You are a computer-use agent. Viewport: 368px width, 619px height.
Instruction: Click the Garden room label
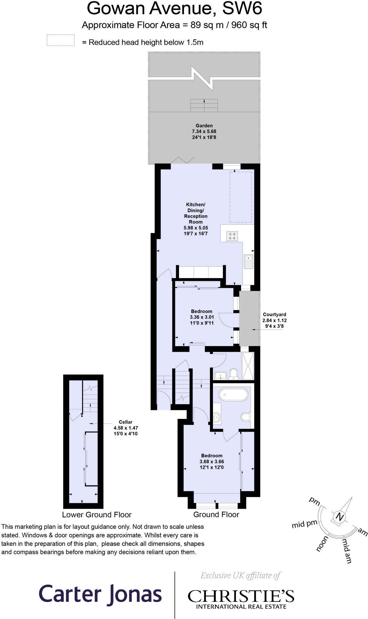click(x=204, y=125)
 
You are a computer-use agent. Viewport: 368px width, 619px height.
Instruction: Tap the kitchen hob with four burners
click(x=232, y=236)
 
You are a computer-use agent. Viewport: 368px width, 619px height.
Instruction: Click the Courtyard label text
click(x=274, y=314)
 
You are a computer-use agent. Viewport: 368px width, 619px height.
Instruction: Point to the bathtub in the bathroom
click(x=233, y=394)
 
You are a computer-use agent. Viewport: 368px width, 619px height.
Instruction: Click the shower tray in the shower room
click(x=248, y=366)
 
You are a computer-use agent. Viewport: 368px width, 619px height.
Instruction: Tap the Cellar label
click(x=126, y=422)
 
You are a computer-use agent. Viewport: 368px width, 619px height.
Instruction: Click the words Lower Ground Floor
click(x=97, y=514)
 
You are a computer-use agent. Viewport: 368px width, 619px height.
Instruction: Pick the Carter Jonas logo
click(x=100, y=594)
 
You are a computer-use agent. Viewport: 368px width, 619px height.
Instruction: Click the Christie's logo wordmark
click(x=241, y=596)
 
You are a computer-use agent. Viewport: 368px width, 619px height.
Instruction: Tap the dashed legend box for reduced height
click(x=61, y=41)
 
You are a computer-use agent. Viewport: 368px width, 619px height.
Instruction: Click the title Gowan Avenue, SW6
click(x=174, y=8)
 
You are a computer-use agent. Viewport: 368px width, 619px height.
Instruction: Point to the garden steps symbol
click(x=204, y=105)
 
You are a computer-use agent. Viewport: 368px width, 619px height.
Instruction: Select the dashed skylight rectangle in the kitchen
click(x=240, y=197)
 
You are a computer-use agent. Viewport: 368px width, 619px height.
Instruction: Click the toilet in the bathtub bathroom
click(x=245, y=417)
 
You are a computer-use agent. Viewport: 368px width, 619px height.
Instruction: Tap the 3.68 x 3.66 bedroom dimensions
click(x=211, y=462)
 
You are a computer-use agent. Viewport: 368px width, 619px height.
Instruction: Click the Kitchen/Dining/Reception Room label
click(x=195, y=213)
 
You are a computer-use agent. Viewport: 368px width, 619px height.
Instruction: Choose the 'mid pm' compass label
click(x=304, y=524)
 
